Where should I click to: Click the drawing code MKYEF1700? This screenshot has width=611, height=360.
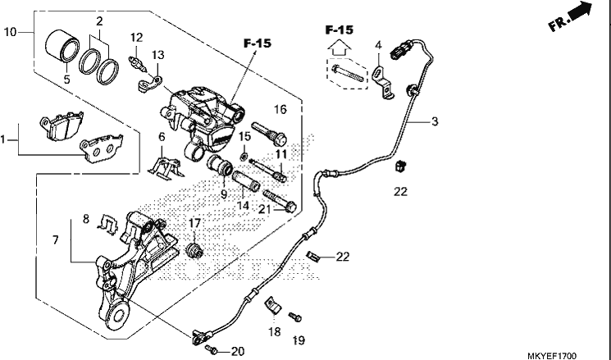(552, 356)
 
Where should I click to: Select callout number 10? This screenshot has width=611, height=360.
(10, 32)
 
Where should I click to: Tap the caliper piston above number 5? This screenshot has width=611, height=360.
(62, 45)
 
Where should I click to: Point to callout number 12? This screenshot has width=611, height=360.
(137, 38)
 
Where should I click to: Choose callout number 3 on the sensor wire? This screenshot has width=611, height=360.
(435, 121)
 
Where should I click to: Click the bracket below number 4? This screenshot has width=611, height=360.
(383, 83)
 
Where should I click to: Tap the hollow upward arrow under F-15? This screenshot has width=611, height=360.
(340, 49)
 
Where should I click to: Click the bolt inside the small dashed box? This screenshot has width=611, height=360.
(348, 74)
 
